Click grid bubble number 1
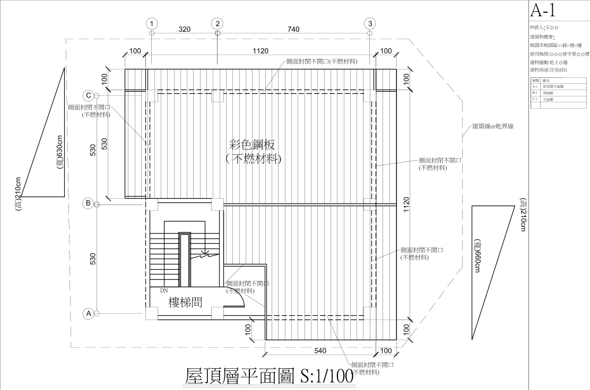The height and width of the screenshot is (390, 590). coord(152,23)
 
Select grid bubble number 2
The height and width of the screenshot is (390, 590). coord(218,23)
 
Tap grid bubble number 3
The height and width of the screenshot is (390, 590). coord(370,23)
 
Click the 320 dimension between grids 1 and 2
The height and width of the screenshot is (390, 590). coord(184,30)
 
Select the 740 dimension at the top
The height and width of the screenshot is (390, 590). coord(293,30)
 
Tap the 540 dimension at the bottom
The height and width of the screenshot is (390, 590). coord(320,351)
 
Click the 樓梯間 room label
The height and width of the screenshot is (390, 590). coord(185,303)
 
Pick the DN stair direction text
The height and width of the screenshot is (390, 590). coord(164,290)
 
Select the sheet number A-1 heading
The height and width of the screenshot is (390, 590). coord(543,11)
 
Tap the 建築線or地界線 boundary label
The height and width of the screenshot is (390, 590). coord(493,127)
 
